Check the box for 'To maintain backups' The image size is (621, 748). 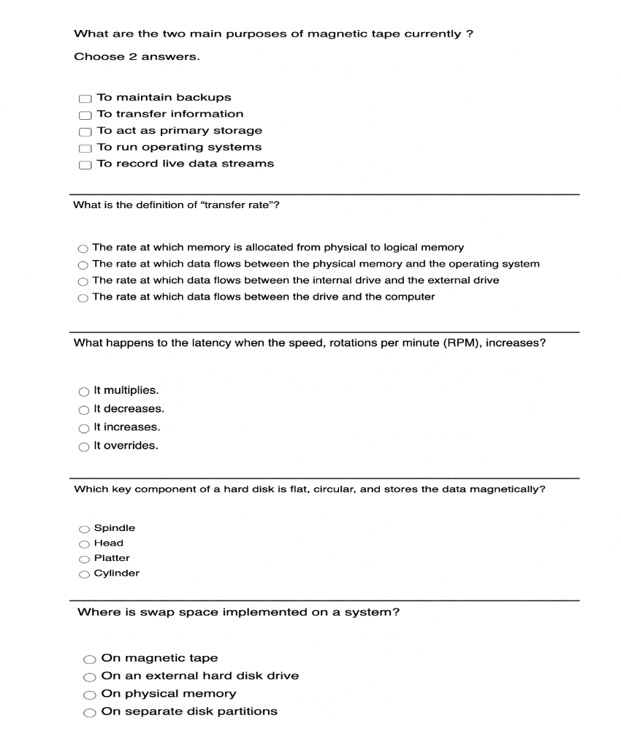pyautogui.click(x=85, y=99)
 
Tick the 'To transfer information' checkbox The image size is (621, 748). pyautogui.click(x=85, y=115)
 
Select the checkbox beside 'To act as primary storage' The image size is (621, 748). pyautogui.click(x=85, y=131)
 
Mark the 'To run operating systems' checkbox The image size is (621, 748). pyautogui.click(x=85, y=148)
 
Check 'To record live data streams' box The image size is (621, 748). pyautogui.click(x=85, y=165)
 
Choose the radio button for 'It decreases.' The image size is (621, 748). pyautogui.click(x=83, y=410)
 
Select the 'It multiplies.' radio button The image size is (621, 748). pyautogui.click(x=83, y=392)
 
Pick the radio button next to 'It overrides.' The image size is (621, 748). pyautogui.click(x=83, y=446)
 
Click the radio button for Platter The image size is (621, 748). pyautogui.click(x=84, y=559)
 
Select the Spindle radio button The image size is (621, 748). pyautogui.click(x=84, y=529)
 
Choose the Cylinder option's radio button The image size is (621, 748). pyautogui.click(x=84, y=574)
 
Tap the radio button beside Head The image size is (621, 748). pyautogui.click(x=84, y=544)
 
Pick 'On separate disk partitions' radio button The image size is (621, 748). pyautogui.click(x=90, y=712)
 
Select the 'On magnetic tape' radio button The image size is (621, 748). pyautogui.click(x=90, y=659)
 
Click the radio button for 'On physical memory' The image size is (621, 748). pyautogui.click(x=90, y=695)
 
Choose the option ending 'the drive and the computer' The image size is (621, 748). pyautogui.click(x=83, y=297)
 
